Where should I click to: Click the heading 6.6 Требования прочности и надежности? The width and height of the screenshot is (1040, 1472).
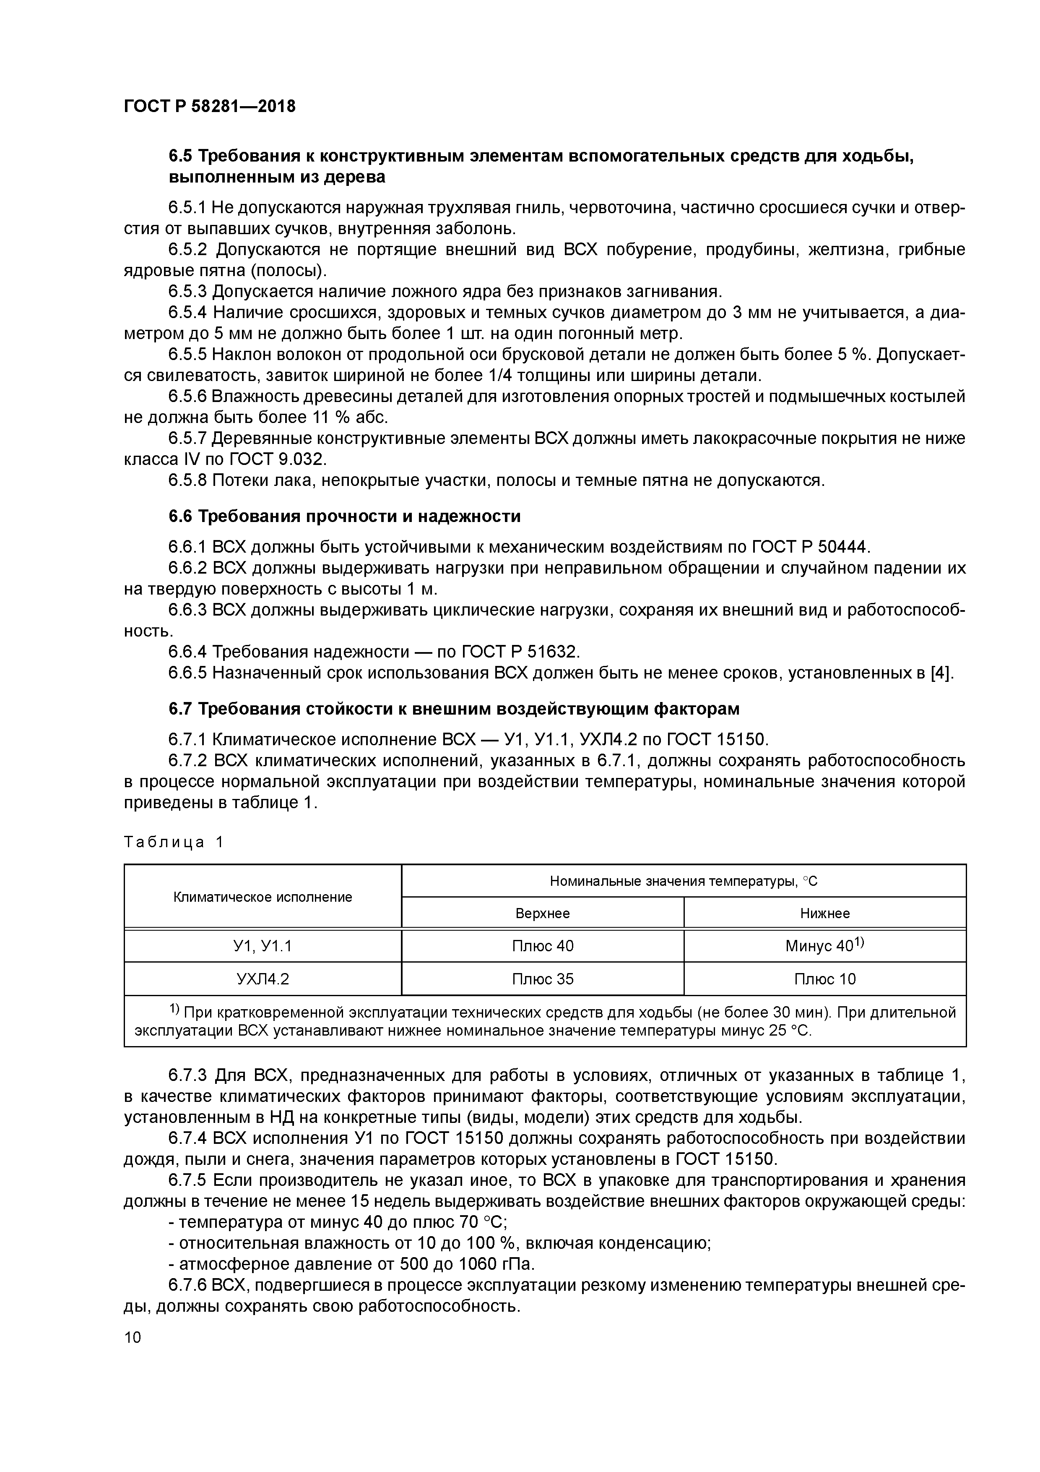pyautogui.click(x=344, y=516)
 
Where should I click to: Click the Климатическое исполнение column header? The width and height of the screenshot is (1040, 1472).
pyautogui.click(x=263, y=897)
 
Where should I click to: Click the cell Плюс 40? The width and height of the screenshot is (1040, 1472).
pyautogui.click(x=542, y=946)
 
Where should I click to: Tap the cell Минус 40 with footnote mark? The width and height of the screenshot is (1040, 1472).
pyautogui.click(x=825, y=946)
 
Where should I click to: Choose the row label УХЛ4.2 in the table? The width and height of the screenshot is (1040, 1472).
pyautogui.click(x=263, y=979)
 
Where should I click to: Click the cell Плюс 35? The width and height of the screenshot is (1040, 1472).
pyautogui.click(x=542, y=979)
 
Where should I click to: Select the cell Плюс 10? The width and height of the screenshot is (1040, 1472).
pyautogui.click(x=825, y=979)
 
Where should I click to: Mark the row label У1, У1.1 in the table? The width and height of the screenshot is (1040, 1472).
pyautogui.click(x=263, y=946)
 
